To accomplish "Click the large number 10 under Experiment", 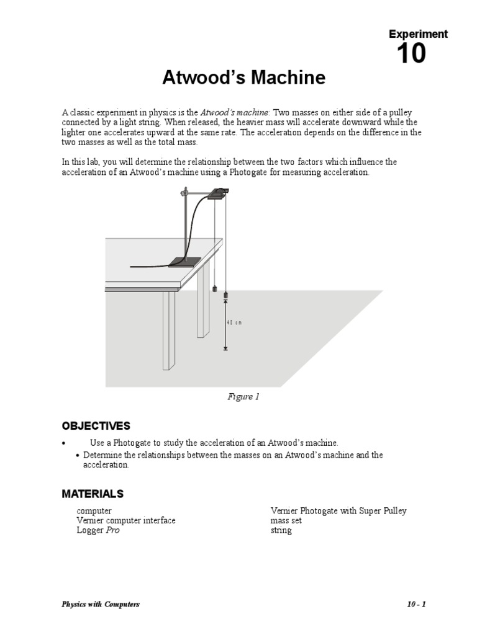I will (411, 55).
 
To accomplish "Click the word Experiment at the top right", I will (417, 34).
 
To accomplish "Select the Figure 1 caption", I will (243, 397).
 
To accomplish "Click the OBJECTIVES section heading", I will (96, 426).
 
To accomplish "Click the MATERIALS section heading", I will (93, 494).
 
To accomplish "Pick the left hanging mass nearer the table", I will (214, 288).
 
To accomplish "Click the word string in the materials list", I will (281, 531).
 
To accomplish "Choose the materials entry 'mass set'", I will (286, 521).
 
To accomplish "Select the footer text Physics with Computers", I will (101, 605).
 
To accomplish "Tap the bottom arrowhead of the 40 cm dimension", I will (225, 348).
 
